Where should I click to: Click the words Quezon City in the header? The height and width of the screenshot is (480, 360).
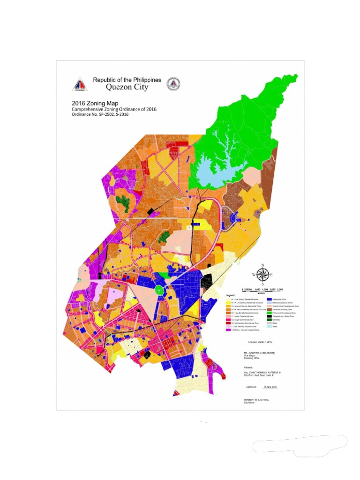tap(127, 87)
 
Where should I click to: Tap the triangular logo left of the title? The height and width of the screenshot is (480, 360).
tap(80, 84)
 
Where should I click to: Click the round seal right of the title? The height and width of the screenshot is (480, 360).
tap(174, 84)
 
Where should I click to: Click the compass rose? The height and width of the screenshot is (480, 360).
tap(262, 275)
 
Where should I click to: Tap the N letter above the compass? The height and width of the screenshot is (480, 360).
tap(262, 265)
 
